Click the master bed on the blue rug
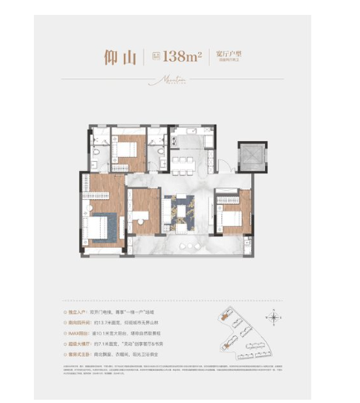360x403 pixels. coord(105,223)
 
